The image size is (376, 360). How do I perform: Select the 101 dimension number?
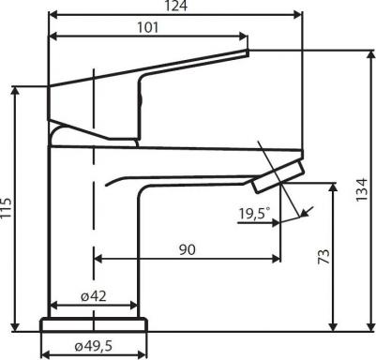tap(148, 27)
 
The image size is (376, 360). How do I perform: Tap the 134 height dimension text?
tap(362, 189)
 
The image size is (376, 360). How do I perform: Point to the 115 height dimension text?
tap(6, 207)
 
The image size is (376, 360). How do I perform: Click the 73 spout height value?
tap(324, 257)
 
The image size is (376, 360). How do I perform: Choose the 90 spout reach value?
tap(188, 249)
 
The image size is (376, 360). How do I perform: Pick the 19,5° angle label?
tap(254, 214)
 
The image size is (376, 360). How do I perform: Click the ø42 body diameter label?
tap(94, 296)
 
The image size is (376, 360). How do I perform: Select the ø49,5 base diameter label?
tap(94, 346)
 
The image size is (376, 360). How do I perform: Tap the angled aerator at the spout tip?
tap(278, 175)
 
